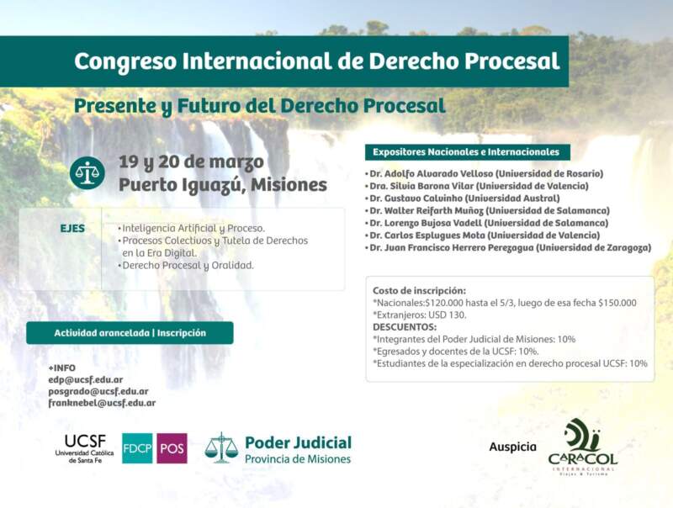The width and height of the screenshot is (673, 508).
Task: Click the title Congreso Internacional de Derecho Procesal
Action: (x=316, y=61)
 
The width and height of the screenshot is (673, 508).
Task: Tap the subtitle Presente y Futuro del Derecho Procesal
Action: (x=259, y=106)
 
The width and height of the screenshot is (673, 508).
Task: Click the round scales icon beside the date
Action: (x=87, y=173)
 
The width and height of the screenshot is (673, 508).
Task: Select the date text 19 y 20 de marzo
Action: (x=191, y=161)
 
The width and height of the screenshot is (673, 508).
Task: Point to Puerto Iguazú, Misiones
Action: (x=222, y=184)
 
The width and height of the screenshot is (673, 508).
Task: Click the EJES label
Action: (x=72, y=228)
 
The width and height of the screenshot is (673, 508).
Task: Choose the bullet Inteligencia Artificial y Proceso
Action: (x=192, y=228)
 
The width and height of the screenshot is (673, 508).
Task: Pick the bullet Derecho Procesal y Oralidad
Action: (x=186, y=265)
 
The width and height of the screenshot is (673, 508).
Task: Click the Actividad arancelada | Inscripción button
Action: (x=130, y=332)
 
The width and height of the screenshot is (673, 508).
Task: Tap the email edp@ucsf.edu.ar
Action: (x=86, y=379)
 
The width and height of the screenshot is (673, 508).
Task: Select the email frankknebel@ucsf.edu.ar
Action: (x=102, y=403)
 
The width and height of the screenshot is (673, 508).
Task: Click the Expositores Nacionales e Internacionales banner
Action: (x=466, y=152)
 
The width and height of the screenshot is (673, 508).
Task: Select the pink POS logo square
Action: (x=172, y=448)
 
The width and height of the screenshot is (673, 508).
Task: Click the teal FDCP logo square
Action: (x=137, y=448)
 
